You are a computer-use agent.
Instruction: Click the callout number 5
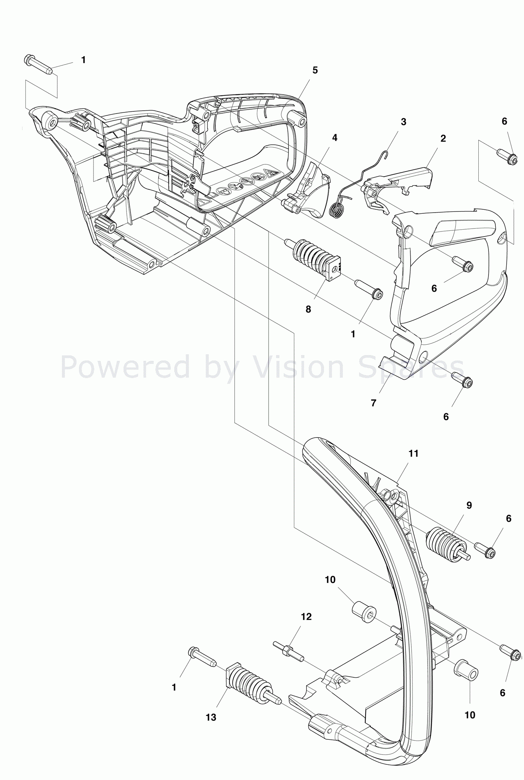(315, 70)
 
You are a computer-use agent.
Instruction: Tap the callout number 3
(403, 122)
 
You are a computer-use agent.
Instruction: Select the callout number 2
(443, 139)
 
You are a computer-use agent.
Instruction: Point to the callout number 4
(334, 138)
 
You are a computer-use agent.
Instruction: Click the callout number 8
(308, 309)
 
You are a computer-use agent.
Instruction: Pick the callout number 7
(374, 403)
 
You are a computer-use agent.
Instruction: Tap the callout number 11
(413, 453)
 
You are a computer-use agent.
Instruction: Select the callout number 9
(469, 505)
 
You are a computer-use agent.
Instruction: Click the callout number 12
(306, 617)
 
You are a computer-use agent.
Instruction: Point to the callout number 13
(211, 717)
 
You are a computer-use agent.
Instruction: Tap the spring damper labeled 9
(446, 544)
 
